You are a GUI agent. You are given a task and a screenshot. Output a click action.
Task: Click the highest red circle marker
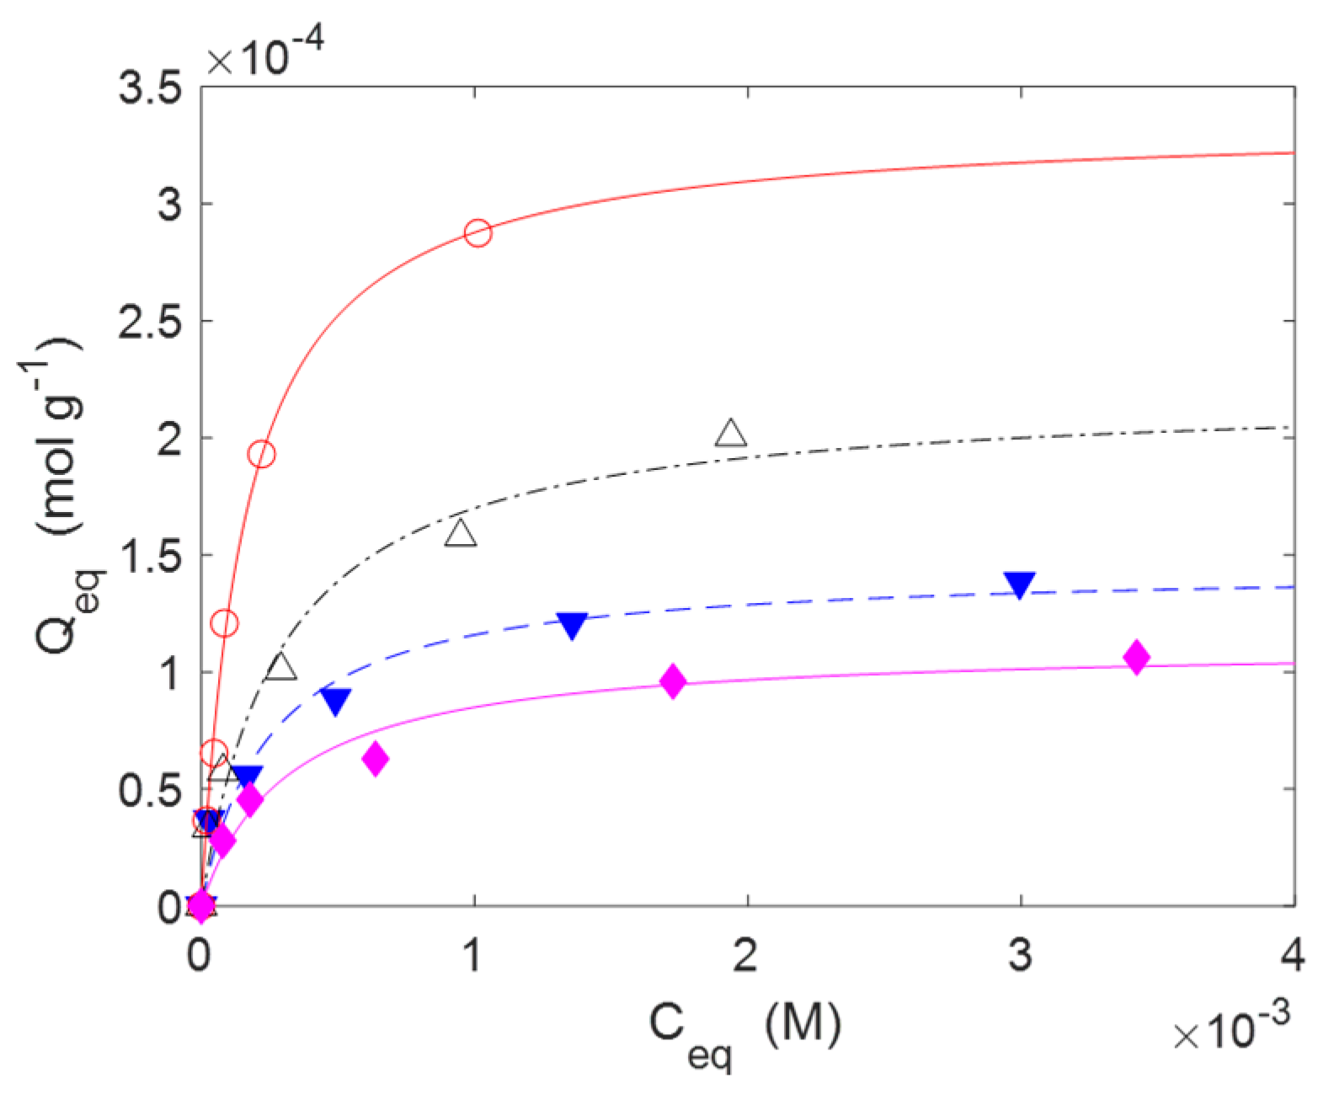pos(477,232)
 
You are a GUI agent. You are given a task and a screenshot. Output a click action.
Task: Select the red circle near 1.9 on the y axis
pos(262,455)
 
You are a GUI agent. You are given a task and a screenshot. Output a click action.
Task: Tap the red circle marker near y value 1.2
pos(224,623)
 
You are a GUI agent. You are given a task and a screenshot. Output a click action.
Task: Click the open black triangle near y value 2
pos(730,434)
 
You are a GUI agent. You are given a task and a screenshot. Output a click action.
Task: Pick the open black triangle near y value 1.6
pos(461,534)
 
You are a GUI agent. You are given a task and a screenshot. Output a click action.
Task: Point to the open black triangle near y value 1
pos(281,668)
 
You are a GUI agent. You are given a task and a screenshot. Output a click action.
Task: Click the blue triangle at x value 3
pos(1020,584)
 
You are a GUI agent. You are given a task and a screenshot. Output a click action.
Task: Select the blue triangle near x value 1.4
pos(573,625)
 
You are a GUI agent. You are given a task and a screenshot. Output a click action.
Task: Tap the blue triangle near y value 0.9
pos(336,701)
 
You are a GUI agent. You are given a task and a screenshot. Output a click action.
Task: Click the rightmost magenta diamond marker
pos(1137,657)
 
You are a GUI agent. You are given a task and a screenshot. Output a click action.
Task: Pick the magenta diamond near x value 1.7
pos(672,681)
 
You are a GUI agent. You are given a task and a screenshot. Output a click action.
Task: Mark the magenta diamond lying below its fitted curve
pos(375,759)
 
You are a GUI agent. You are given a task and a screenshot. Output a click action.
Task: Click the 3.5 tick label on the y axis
pos(152,88)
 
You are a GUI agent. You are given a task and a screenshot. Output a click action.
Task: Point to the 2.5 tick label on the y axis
pos(152,323)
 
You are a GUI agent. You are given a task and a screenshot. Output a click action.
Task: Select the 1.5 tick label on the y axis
pos(152,556)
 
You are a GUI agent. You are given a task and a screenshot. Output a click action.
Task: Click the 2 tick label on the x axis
pos(746,955)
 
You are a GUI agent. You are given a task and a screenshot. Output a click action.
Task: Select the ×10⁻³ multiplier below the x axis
pos(1231,1029)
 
